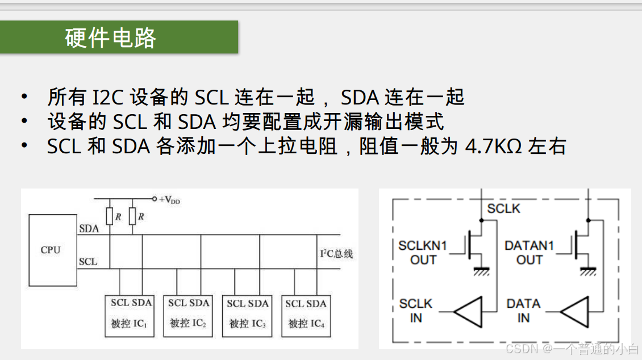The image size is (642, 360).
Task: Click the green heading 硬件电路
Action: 111,37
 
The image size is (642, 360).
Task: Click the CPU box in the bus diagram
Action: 52,250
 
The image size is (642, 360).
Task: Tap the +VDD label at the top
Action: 170,199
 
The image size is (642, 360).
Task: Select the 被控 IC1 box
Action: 130,316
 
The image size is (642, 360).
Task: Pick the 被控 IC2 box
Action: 188,316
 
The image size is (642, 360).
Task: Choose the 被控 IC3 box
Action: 247,316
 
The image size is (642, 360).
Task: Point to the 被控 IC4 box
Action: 306,316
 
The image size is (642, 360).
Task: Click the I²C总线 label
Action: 336,254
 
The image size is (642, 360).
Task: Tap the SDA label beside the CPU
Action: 89,229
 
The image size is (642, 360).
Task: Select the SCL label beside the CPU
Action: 88,262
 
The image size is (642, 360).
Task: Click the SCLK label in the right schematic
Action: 503,208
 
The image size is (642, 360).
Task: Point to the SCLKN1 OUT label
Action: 423,253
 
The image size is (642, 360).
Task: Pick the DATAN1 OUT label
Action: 529,253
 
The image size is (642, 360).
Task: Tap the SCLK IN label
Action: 416,311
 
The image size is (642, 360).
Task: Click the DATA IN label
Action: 523,311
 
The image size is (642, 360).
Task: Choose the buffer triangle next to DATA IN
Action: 576,311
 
